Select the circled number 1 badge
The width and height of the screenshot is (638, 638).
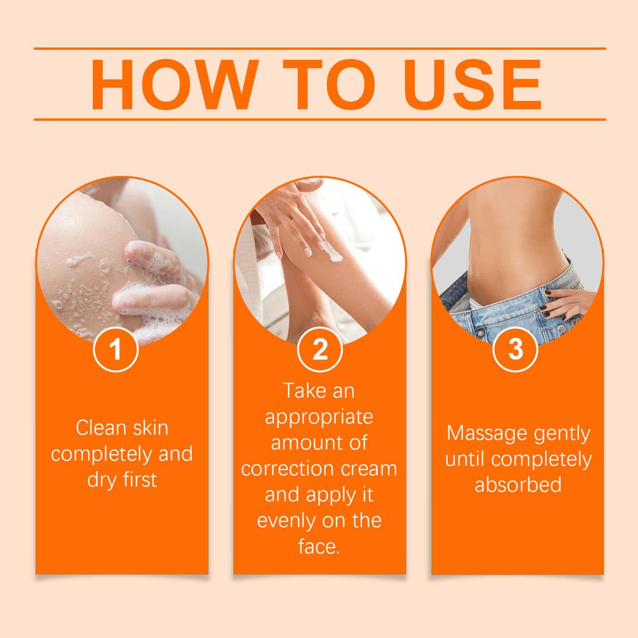tap(115, 350)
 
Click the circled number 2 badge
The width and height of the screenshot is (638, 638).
tap(320, 350)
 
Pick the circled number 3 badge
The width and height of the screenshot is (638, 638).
tap(515, 350)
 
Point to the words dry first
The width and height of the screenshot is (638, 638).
tap(122, 480)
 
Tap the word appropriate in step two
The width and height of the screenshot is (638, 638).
tap(319, 417)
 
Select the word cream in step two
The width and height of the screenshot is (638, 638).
tap(367, 469)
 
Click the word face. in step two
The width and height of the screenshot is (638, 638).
tap(319, 547)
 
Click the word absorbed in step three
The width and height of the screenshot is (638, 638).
tap(518, 485)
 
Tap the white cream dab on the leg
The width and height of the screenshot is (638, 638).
tap(333, 252)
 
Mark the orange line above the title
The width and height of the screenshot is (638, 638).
tap(319, 47)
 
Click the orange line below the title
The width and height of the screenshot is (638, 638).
tap(319, 118)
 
